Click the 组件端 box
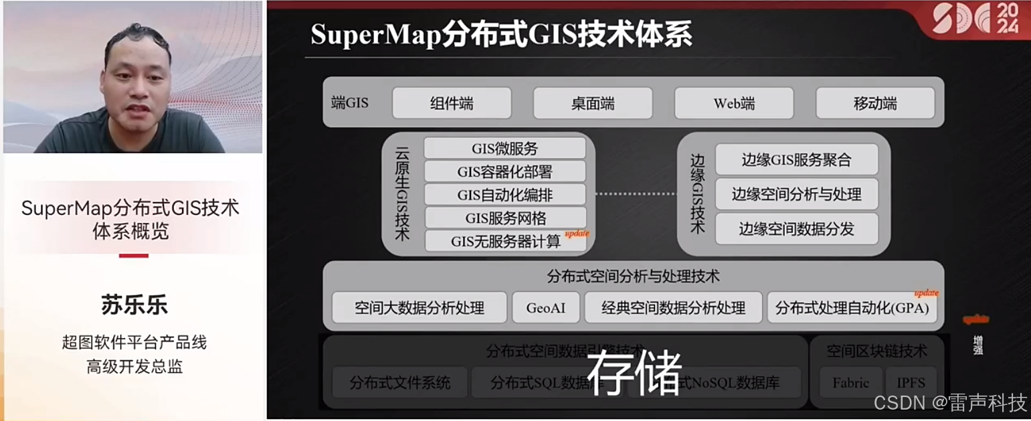(x=452, y=104)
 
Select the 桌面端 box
(x=593, y=104)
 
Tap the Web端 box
(x=734, y=104)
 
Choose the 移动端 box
(x=875, y=104)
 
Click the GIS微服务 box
(x=504, y=149)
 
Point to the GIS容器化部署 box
(x=504, y=171)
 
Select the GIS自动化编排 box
(x=504, y=195)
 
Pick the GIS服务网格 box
(x=504, y=218)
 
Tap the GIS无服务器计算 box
(x=504, y=241)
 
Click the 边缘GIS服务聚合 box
(x=796, y=160)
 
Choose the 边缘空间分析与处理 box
(x=796, y=195)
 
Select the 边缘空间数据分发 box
(x=796, y=229)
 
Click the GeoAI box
(x=546, y=308)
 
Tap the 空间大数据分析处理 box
(x=419, y=308)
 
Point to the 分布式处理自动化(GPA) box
(x=852, y=308)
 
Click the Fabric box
(x=850, y=383)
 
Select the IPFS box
(x=911, y=383)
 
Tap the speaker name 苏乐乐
(x=134, y=305)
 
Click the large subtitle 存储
(x=634, y=372)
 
